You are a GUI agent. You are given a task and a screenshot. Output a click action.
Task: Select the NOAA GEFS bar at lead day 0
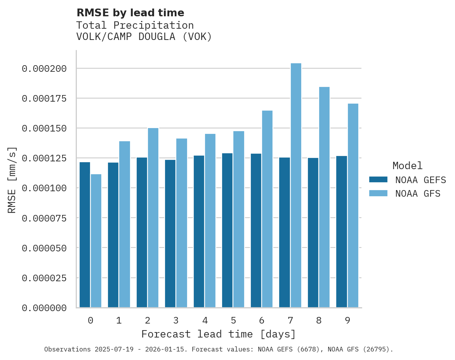pyautogui.click(x=85, y=235)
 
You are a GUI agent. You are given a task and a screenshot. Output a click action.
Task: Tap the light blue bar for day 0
pyautogui.click(x=96, y=241)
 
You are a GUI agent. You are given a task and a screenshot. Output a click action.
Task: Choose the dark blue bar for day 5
pyautogui.click(x=227, y=230)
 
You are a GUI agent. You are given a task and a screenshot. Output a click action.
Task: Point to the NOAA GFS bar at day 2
pyautogui.click(x=153, y=218)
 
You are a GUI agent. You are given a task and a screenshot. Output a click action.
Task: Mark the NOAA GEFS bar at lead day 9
pyautogui.click(x=342, y=232)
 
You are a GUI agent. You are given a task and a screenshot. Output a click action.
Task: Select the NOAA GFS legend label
pyautogui.click(x=418, y=194)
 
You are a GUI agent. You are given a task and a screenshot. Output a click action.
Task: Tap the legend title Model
pyautogui.click(x=407, y=166)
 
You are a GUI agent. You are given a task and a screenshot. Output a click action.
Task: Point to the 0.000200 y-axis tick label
pyautogui.click(x=44, y=69)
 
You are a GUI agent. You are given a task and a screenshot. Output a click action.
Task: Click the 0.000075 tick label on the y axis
pyautogui.click(x=44, y=218)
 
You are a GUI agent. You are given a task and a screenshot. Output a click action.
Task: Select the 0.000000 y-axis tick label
pyautogui.click(x=44, y=308)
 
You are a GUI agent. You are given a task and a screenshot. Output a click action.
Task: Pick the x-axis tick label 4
pyautogui.click(x=205, y=320)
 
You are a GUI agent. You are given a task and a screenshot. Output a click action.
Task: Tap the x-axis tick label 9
pyautogui.click(x=347, y=320)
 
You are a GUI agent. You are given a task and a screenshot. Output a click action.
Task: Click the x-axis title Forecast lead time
pyautogui.click(x=219, y=334)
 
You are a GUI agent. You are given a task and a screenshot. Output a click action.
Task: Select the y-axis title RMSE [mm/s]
pyautogui.click(x=12, y=180)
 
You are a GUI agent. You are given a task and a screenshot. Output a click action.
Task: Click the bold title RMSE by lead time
pyautogui.click(x=130, y=13)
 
